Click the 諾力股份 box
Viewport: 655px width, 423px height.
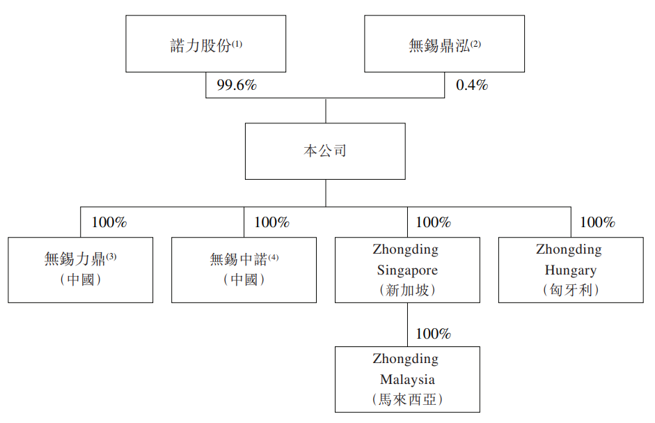pyautogui.click(x=205, y=44)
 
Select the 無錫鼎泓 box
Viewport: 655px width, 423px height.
pyautogui.click(x=444, y=44)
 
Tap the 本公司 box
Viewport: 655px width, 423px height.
pyautogui.click(x=324, y=151)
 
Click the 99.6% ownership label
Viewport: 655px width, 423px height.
pyautogui.click(x=237, y=86)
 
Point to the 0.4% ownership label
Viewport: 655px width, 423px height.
pyautogui.click(x=472, y=86)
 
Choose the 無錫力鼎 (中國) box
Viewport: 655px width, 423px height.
pyautogui.click(x=80, y=270)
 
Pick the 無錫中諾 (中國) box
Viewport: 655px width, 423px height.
pyautogui.click(x=244, y=270)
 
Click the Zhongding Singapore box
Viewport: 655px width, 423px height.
pyautogui.click(x=407, y=270)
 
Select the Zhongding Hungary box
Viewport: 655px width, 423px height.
pyautogui.click(x=570, y=270)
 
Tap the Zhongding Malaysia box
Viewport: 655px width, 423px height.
pyautogui.click(x=407, y=379)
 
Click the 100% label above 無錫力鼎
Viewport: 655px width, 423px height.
pyautogui.click(x=109, y=223)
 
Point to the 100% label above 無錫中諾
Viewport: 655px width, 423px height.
pyautogui.click(x=271, y=223)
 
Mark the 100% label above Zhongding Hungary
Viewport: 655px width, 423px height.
pyautogui.click(x=597, y=223)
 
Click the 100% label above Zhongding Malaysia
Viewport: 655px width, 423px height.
pyautogui.click(x=434, y=334)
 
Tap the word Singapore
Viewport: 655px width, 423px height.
pyautogui.click(x=407, y=270)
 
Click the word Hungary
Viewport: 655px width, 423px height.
pyautogui.click(x=570, y=270)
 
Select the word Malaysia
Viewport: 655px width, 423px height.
pyautogui.click(x=407, y=380)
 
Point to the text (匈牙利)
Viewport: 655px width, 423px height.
pyautogui.click(x=570, y=290)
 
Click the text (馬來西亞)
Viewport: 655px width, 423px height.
pyautogui.click(x=407, y=400)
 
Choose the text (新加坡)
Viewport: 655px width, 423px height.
pyautogui.click(x=407, y=290)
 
